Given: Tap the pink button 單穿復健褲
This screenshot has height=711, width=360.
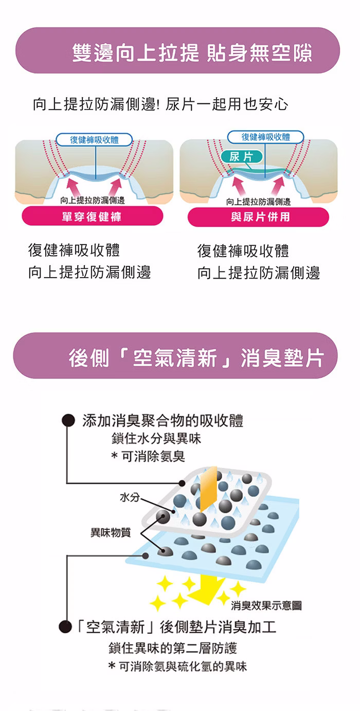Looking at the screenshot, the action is pyautogui.click(x=92, y=216).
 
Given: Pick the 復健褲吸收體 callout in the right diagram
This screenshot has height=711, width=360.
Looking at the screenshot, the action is pyautogui.click(x=265, y=137).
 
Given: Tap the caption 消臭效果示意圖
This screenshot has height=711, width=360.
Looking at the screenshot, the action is pyautogui.click(x=266, y=605).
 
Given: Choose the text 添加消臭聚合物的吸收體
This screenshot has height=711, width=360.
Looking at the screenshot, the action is pyautogui.click(x=163, y=421).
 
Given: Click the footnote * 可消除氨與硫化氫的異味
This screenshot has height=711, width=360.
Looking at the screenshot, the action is pyautogui.click(x=177, y=667).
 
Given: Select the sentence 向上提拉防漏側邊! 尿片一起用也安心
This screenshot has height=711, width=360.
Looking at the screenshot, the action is pyautogui.click(x=160, y=104).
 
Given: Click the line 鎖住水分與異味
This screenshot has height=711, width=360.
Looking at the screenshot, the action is pyautogui.click(x=156, y=439).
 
